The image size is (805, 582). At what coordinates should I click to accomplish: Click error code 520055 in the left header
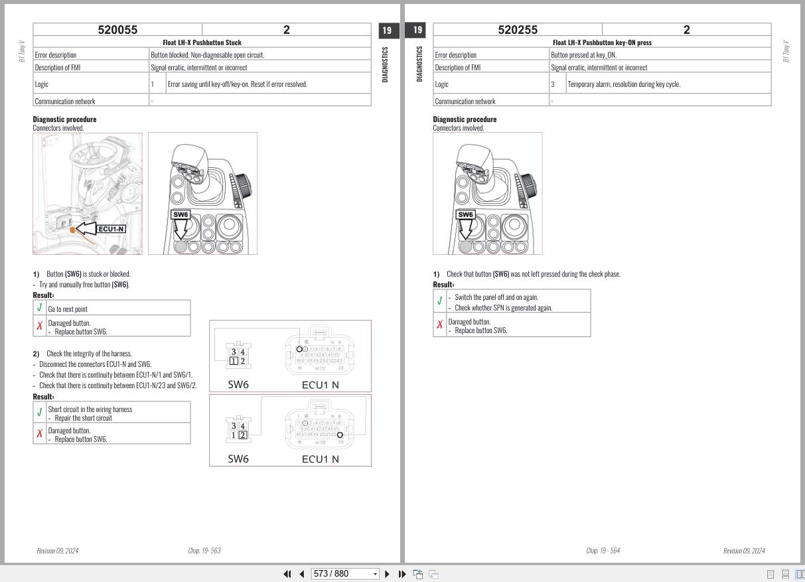click(x=117, y=30)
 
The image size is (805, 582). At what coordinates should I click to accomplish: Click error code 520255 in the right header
click(x=518, y=30)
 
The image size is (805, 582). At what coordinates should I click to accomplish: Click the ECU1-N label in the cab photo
click(x=111, y=229)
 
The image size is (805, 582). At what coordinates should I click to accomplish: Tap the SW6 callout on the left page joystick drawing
click(x=181, y=214)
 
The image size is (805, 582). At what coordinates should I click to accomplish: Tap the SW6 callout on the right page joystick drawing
click(x=466, y=214)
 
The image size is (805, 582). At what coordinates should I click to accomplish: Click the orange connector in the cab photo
click(x=73, y=229)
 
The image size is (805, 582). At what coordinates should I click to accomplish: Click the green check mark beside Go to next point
click(x=40, y=308)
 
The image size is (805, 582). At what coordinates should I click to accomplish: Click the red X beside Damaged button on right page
click(x=439, y=325)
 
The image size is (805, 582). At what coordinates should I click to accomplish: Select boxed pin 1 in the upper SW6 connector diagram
click(x=234, y=361)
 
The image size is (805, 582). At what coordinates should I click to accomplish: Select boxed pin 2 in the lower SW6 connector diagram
click(x=243, y=435)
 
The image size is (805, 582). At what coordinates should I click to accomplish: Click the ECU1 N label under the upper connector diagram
click(x=320, y=384)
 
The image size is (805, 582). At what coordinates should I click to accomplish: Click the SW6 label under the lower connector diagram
click(x=238, y=459)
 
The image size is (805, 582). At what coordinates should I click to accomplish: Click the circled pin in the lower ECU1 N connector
click(x=340, y=435)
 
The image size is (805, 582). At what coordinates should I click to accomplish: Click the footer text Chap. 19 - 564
click(x=603, y=550)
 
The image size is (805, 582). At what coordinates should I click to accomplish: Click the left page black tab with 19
click(x=388, y=30)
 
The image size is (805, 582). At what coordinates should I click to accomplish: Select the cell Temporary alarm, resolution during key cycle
click(x=624, y=84)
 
